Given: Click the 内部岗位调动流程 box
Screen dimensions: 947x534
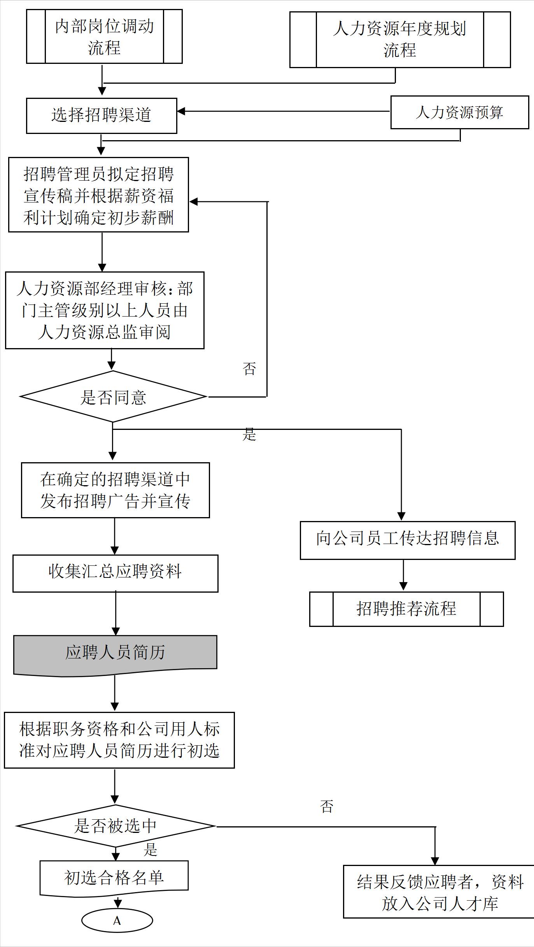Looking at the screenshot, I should coord(104,37).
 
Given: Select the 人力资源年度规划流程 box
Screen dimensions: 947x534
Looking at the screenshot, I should coord(400,40).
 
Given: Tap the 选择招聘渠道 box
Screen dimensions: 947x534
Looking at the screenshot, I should coord(102,116).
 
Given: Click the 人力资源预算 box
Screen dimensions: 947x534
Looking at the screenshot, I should coord(459,113).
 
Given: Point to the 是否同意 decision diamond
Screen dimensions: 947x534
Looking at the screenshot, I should coord(113,397).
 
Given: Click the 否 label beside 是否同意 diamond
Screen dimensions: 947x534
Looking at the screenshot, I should coord(249,368).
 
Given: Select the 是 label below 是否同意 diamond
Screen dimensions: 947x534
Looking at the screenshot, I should coord(249,434).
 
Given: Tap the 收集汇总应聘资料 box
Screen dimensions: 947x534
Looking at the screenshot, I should coord(115,573).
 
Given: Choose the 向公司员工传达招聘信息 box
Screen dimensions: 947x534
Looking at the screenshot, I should coord(407,540).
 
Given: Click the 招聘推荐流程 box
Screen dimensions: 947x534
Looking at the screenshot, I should coord(406,609).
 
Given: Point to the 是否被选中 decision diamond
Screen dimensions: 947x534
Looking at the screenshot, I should coord(116,826).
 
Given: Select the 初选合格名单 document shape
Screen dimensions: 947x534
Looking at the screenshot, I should coord(114,878).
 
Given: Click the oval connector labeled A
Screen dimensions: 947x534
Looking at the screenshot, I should coord(117,921).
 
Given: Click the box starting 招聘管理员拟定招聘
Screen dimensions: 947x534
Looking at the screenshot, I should coord(98,195).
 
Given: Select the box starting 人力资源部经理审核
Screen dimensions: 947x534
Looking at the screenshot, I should coord(105,310).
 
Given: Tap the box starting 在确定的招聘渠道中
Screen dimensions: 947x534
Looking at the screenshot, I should coord(115,490).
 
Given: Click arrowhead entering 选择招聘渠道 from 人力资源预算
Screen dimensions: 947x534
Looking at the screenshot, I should coord(181,111).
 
